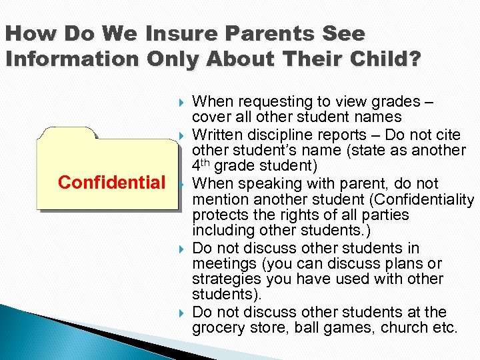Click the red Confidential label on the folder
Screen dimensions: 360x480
(x=111, y=183)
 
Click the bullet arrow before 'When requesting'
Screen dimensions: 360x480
(x=183, y=103)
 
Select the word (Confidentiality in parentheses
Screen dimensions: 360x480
(x=421, y=199)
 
